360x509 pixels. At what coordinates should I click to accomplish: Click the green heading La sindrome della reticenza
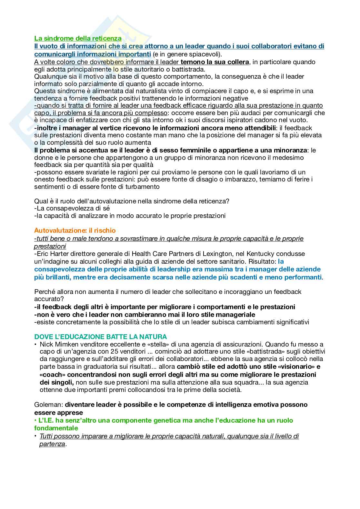point(78,38)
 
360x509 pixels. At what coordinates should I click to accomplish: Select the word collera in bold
point(238,62)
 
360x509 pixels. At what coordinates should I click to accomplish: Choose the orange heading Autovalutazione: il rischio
point(75,230)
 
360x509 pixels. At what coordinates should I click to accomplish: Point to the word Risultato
point(262,261)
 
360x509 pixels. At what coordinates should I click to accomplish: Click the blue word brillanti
point(56,277)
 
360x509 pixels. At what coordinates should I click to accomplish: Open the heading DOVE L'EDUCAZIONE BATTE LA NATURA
point(101,337)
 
